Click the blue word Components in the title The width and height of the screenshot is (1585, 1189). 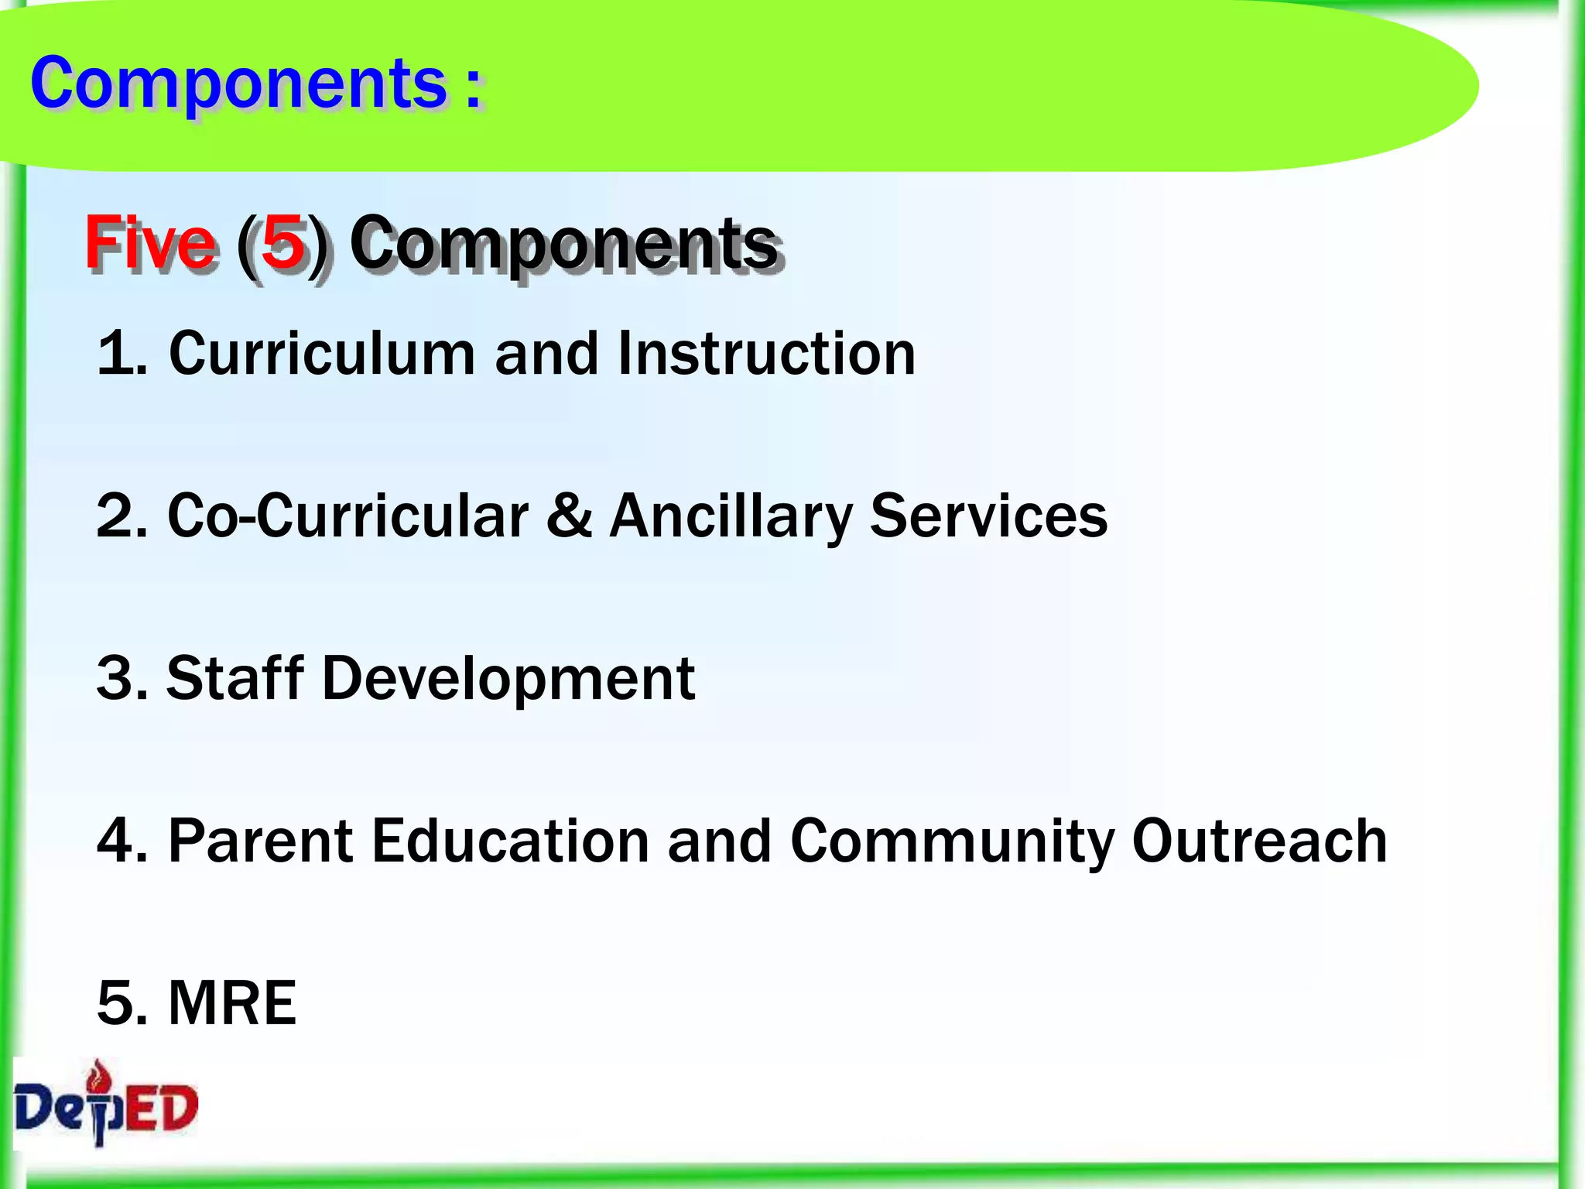pyautogui.click(x=238, y=84)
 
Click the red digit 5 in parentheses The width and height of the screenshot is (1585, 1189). pyautogui.click(x=282, y=243)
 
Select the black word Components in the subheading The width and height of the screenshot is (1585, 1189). pyautogui.click(x=564, y=245)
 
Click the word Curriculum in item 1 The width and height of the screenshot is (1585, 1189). pyautogui.click(x=321, y=354)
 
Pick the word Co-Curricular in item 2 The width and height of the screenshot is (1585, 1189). pyautogui.click(x=347, y=516)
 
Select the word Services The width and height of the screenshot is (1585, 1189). pyautogui.click(x=988, y=516)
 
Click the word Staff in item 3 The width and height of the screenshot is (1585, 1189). pyautogui.click(x=234, y=678)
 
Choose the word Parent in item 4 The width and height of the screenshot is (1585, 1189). pyautogui.click(x=261, y=841)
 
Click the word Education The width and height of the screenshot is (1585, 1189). pyautogui.click(x=510, y=841)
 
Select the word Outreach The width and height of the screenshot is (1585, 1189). pyautogui.click(x=1259, y=841)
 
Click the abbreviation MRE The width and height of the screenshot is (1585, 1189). pyautogui.click(x=232, y=1003)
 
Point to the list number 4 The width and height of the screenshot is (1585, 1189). pyautogui.click(x=115, y=841)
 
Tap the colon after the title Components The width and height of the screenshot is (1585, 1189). pyautogui.click(x=474, y=87)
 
